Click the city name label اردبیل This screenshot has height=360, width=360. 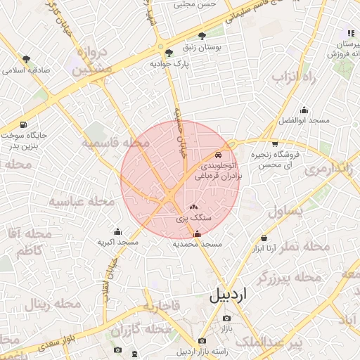click(229, 295)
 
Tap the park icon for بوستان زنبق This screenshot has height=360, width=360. click(202, 35)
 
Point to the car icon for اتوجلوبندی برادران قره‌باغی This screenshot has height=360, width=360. click(218, 155)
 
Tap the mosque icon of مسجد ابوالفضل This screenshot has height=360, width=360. click(304, 110)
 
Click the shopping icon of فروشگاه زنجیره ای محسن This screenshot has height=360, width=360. click(274, 144)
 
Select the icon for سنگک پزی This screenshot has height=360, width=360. click(194, 208)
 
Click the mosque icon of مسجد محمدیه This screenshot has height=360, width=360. click(196, 234)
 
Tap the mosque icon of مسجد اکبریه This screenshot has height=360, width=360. click(117, 231)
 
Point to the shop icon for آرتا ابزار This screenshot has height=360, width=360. click(264, 238)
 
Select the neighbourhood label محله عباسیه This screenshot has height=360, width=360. click(82, 201)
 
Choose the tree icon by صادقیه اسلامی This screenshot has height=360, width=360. click(27, 59)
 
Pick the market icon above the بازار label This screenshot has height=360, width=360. click(226, 319)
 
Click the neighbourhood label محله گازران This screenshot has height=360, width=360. click(141, 329)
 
